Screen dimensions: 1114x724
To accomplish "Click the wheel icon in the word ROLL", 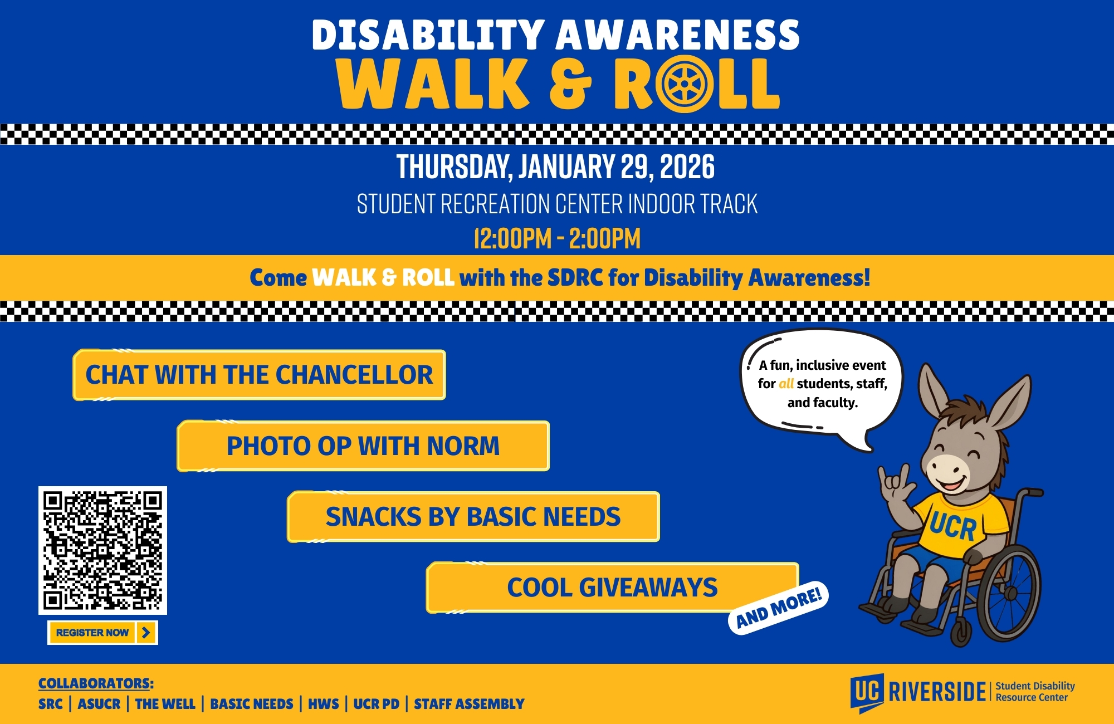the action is click(684, 84).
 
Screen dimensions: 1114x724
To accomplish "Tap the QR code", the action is click(102, 550).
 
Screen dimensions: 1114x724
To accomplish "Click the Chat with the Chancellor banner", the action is click(259, 375).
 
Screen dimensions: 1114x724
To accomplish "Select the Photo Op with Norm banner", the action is click(363, 446).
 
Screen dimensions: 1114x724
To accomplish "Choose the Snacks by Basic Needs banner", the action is click(473, 517).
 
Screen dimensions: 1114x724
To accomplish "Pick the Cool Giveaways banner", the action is click(612, 588).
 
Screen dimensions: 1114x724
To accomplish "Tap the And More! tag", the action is click(779, 608).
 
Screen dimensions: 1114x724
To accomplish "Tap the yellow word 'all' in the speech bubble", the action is click(786, 384).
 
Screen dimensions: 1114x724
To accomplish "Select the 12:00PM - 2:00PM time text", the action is click(557, 239).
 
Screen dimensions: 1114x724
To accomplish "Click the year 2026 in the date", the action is click(687, 167).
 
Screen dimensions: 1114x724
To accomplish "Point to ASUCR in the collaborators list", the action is click(99, 704).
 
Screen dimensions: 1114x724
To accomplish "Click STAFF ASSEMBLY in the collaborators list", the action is click(469, 704).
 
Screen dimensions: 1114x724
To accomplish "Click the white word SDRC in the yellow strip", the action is click(575, 277).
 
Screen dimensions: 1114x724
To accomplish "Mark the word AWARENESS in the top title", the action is click(677, 35).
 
